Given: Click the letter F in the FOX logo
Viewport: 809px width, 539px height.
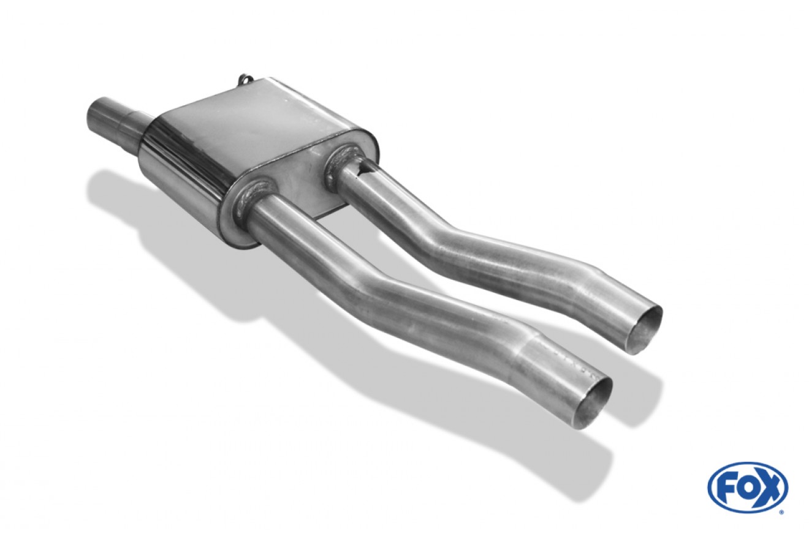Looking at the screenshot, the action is tap(729, 487).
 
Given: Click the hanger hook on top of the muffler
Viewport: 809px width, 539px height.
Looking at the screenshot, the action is tap(246, 81).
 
